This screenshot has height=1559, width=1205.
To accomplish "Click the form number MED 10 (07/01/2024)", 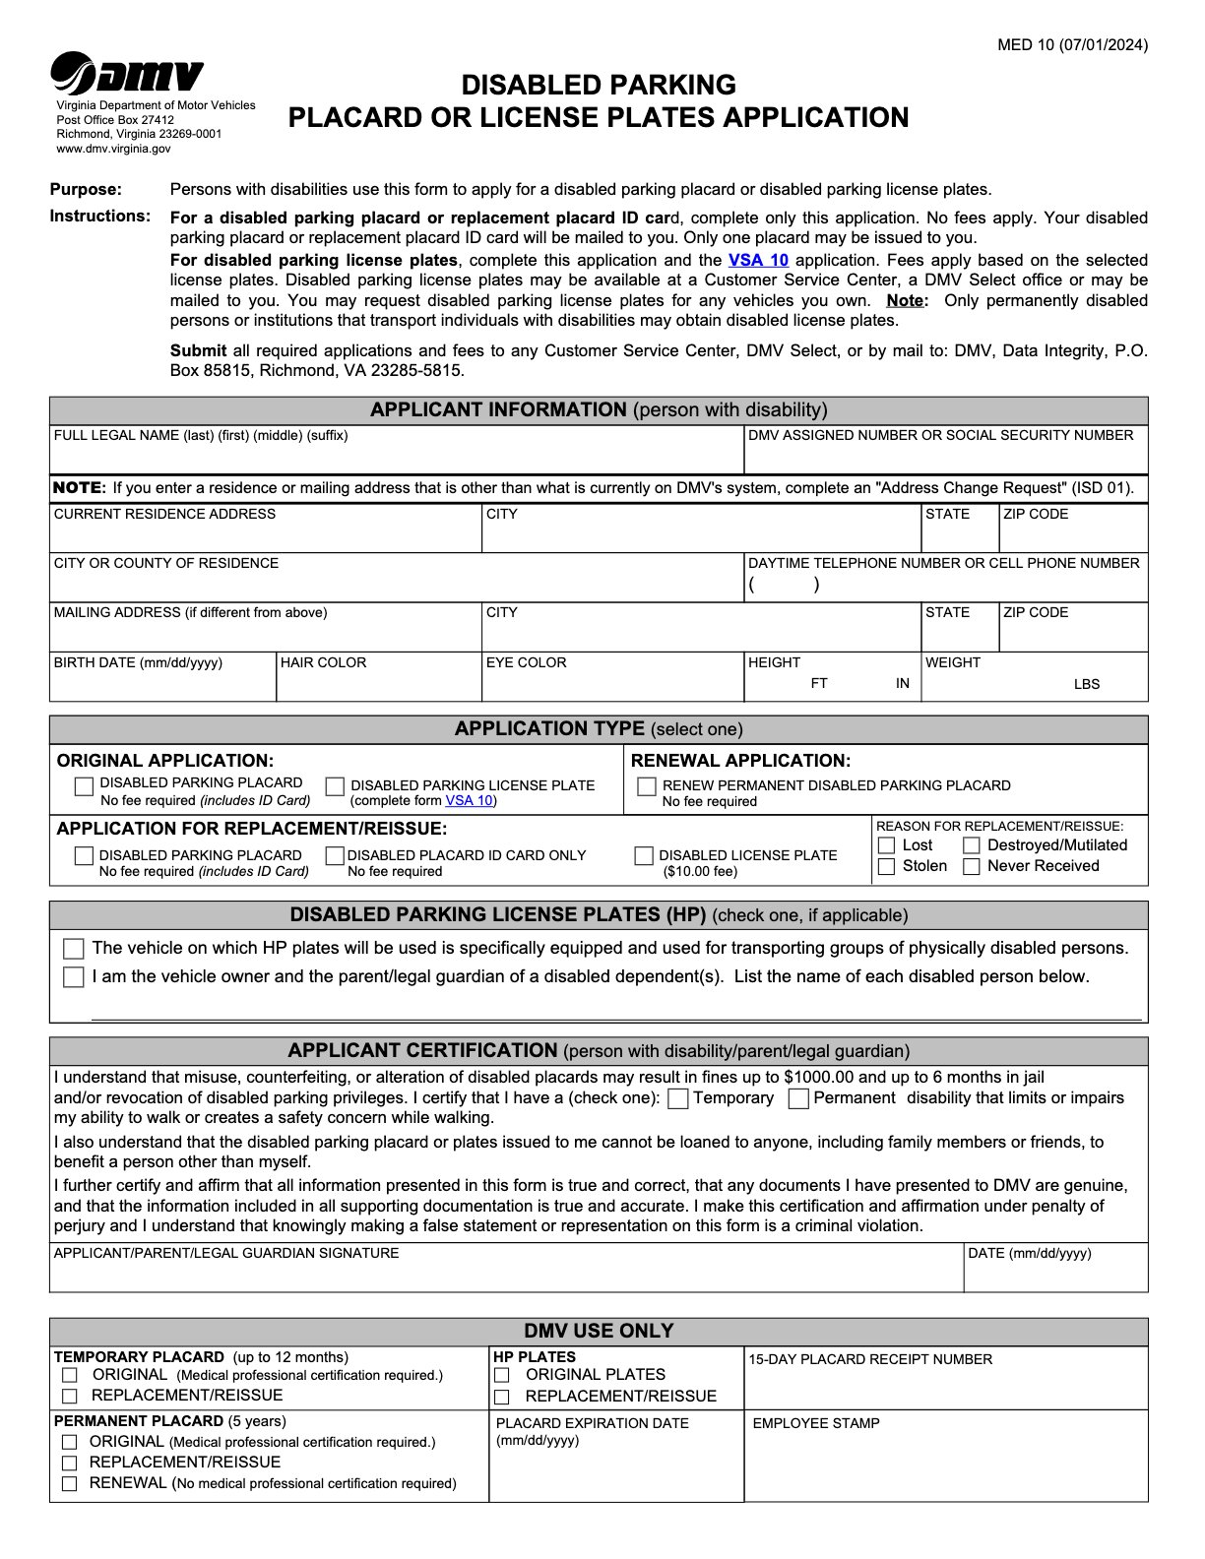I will tap(1072, 44).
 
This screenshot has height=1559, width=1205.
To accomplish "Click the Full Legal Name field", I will tap(394, 458).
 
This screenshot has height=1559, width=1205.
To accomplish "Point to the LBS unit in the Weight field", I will tap(1086, 684).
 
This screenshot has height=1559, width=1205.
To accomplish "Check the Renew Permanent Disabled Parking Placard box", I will tap(647, 786).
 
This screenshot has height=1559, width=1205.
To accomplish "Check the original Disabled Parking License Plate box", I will tap(336, 786).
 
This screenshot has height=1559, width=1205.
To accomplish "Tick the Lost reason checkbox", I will tap(886, 845).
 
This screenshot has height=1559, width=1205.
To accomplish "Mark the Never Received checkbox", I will tap(972, 867).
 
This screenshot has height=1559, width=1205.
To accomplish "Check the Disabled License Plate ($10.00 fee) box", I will tap(644, 856).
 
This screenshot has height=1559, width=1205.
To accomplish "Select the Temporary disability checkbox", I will tap(677, 1099).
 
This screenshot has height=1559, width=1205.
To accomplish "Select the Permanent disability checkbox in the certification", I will tap(799, 1099).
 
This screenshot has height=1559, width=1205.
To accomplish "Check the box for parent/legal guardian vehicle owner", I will tap(74, 977).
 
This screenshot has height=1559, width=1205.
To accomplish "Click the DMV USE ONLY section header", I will tap(599, 1332).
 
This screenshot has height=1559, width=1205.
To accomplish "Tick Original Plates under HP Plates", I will tap(502, 1375).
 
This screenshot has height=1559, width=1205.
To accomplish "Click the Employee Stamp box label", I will tap(815, 1423).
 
